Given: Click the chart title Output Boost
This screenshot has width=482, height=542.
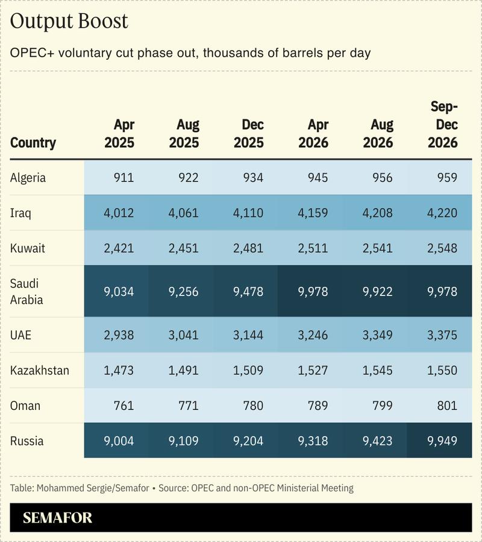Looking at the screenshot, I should (x=69, y=21).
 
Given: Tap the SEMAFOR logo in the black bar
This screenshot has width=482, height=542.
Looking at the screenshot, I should (x=58, y=518).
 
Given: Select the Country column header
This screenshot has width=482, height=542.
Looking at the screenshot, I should (x=33, y=143).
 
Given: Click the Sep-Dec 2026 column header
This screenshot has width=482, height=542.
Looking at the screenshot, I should (x=443, y=125).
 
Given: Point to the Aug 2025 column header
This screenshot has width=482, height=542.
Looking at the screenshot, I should (x=184, y=134).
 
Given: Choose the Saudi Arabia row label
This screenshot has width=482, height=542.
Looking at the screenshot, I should (x=27, y=291).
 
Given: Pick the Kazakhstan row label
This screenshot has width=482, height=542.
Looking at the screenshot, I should (x=40, y=370).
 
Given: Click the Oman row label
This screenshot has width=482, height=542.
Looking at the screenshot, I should (x=25, y=405).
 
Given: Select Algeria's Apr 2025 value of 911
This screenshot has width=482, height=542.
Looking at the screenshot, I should (x=123, y=178).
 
